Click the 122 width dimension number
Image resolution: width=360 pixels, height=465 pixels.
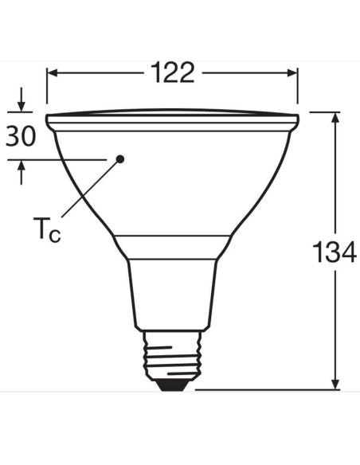coord(172,72)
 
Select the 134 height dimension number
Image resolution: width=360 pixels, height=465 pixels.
coord(334,254)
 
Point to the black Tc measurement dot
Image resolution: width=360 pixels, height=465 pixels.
coord(120,158)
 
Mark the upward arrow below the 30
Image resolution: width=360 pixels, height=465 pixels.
coord(21,170)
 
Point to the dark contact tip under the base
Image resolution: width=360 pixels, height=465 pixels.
coord(172,384)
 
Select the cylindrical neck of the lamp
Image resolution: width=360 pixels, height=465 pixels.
coord(172,295)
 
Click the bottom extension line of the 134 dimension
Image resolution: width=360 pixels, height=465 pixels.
coord(263,390)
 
